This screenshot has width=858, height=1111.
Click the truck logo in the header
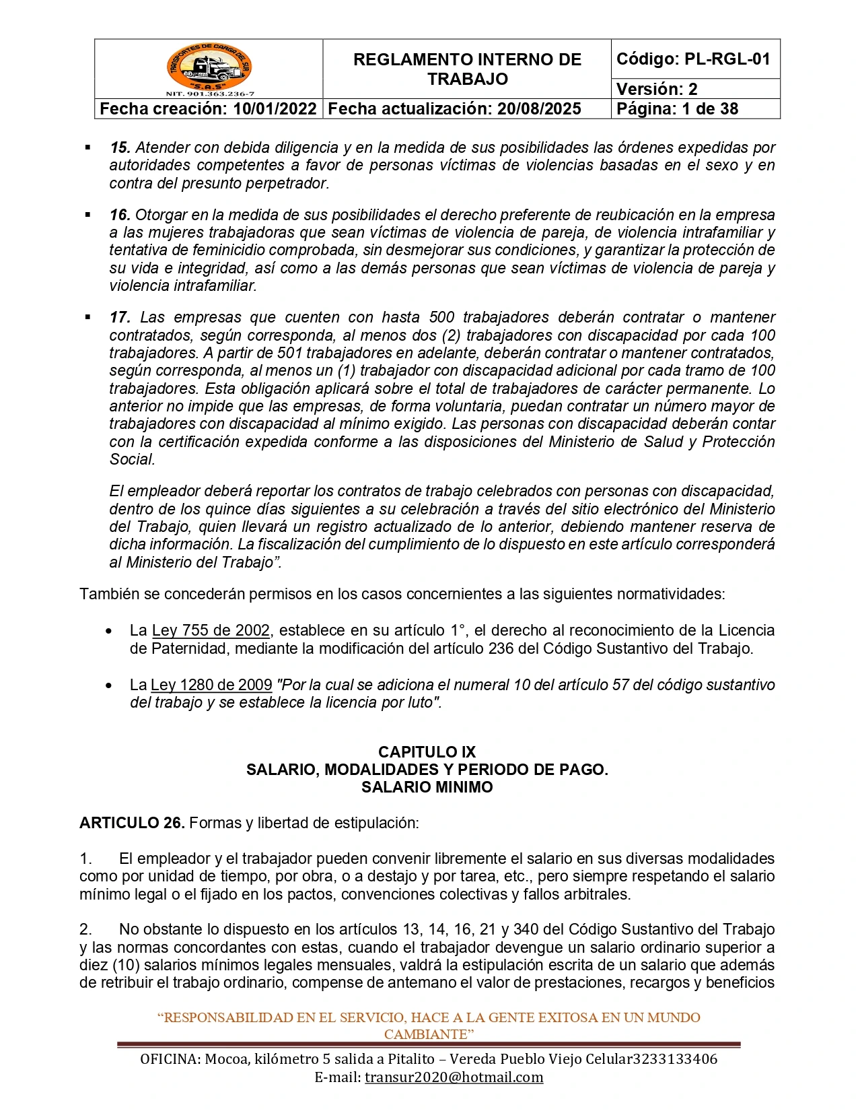pos(209,69)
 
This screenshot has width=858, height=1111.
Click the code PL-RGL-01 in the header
pos(727,59)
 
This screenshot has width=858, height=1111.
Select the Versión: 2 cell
pos(657,89)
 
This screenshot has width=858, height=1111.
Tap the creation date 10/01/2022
pos(275,109)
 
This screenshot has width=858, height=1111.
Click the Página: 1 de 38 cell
pos(677,109)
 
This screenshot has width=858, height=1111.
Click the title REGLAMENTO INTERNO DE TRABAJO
pos(467,69)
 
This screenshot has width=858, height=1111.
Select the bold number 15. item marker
pos(120,147)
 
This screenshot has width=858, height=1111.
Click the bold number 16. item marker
pos(120,215)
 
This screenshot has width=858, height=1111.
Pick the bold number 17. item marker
pos(120,317)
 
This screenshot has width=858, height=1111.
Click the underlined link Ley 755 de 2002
pos(211,631)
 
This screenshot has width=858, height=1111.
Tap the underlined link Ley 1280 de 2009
pos(211,685)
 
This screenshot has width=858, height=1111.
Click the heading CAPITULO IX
pos(427,752)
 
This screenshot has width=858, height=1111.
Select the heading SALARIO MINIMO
pos(427,787)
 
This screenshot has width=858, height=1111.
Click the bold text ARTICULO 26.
pos(132,823)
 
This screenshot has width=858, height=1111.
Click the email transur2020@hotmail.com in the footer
pos(454,1077)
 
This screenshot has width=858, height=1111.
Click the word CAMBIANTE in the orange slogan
pos(425,1034)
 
